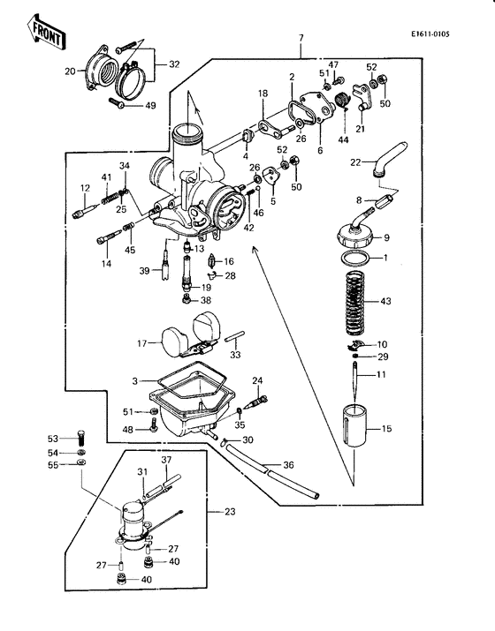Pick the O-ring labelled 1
coord(354,259)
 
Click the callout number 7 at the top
coord(301,37)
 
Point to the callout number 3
coord(135,379)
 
